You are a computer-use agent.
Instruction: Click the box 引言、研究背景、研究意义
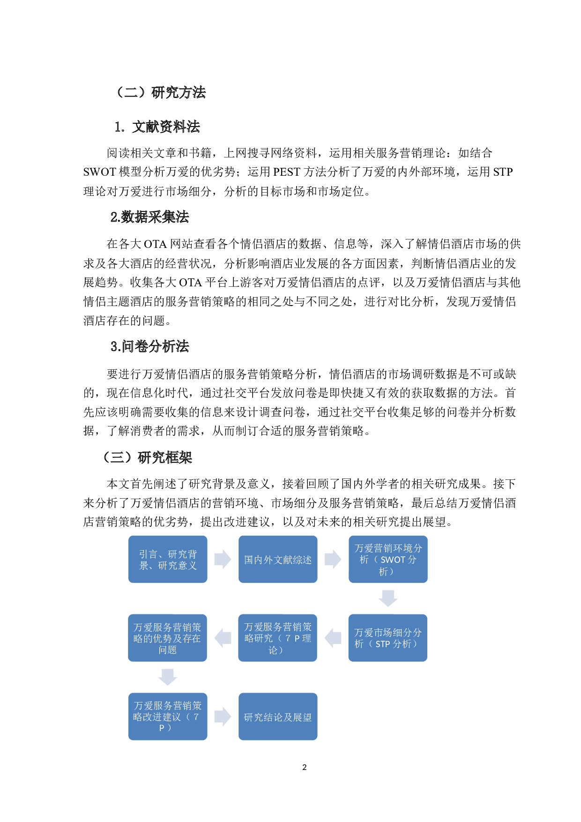click(168, 559)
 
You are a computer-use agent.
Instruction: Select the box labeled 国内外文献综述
click(278, 559)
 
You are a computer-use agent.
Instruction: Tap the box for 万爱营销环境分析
click(388, 559)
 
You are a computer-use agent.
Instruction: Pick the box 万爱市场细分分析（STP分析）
click(387, 638)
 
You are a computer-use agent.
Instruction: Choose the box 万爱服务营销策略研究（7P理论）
click(277, 638)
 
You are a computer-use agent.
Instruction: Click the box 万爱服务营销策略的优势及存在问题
click(167, 638)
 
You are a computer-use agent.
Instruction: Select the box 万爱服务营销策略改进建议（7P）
click(168, 717)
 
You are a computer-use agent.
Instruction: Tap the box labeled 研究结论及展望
click(278, 717)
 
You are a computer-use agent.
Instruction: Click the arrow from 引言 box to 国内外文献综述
click(223, 559)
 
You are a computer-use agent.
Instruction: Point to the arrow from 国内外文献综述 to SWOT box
click(333, 559)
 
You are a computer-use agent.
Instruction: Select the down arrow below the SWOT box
click(388, 598)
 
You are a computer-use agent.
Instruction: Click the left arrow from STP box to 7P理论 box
click(333, 638)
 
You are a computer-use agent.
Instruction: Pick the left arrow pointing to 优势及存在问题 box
click(223, 638)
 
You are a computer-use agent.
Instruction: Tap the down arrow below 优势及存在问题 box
click(167, 677)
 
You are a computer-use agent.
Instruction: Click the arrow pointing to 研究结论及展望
click(223, 717)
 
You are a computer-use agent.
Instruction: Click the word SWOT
click(393, 560)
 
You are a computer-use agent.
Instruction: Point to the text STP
click(382, 644)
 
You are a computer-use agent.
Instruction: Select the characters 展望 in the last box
click(302, 717)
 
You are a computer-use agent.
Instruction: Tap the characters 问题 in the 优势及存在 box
click(167, 650)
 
